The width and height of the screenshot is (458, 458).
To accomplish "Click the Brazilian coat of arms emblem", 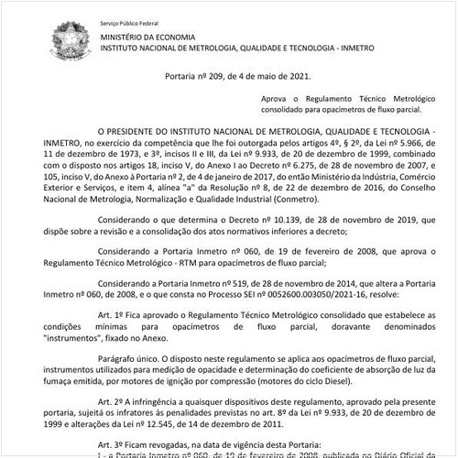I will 69,39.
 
